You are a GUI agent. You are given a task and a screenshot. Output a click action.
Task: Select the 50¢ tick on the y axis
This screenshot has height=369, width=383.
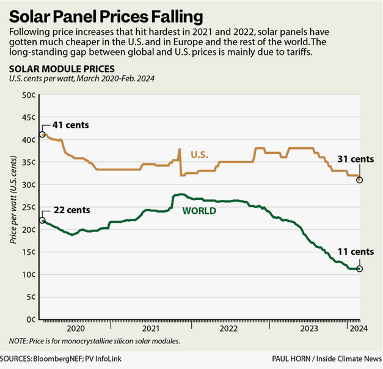click(x=29, y=95)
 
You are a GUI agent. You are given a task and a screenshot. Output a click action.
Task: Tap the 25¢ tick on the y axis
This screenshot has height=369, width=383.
click(x=29, y=207)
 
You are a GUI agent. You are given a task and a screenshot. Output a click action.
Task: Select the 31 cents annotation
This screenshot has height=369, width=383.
click(x=352, y=160)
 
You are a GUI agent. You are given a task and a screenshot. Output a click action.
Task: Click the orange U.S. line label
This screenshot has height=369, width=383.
click(x=199, y=155)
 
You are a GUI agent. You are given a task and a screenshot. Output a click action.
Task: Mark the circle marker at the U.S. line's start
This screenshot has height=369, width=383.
click(x=42, y=134)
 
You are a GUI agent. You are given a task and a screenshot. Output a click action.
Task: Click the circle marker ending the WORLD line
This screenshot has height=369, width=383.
click(x=359, y=269)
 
